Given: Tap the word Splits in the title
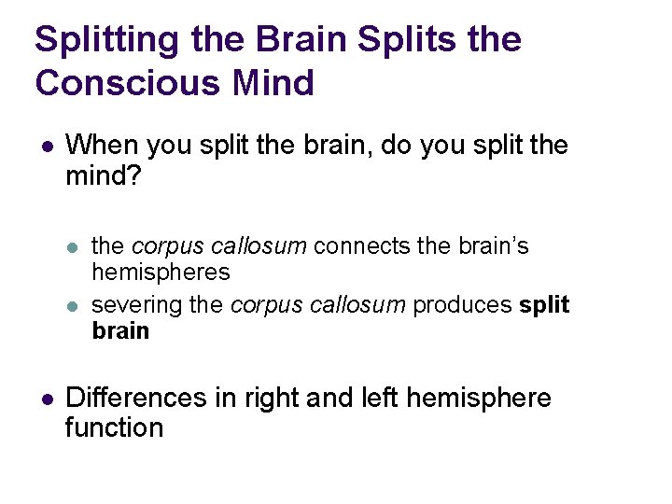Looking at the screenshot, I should click(390, 40).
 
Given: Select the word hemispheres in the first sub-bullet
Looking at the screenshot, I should click(161, 272).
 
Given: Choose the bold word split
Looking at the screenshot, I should click(543, 305).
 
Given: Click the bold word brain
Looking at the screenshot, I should click(120, 331).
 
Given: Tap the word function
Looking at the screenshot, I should click(114, 428).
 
